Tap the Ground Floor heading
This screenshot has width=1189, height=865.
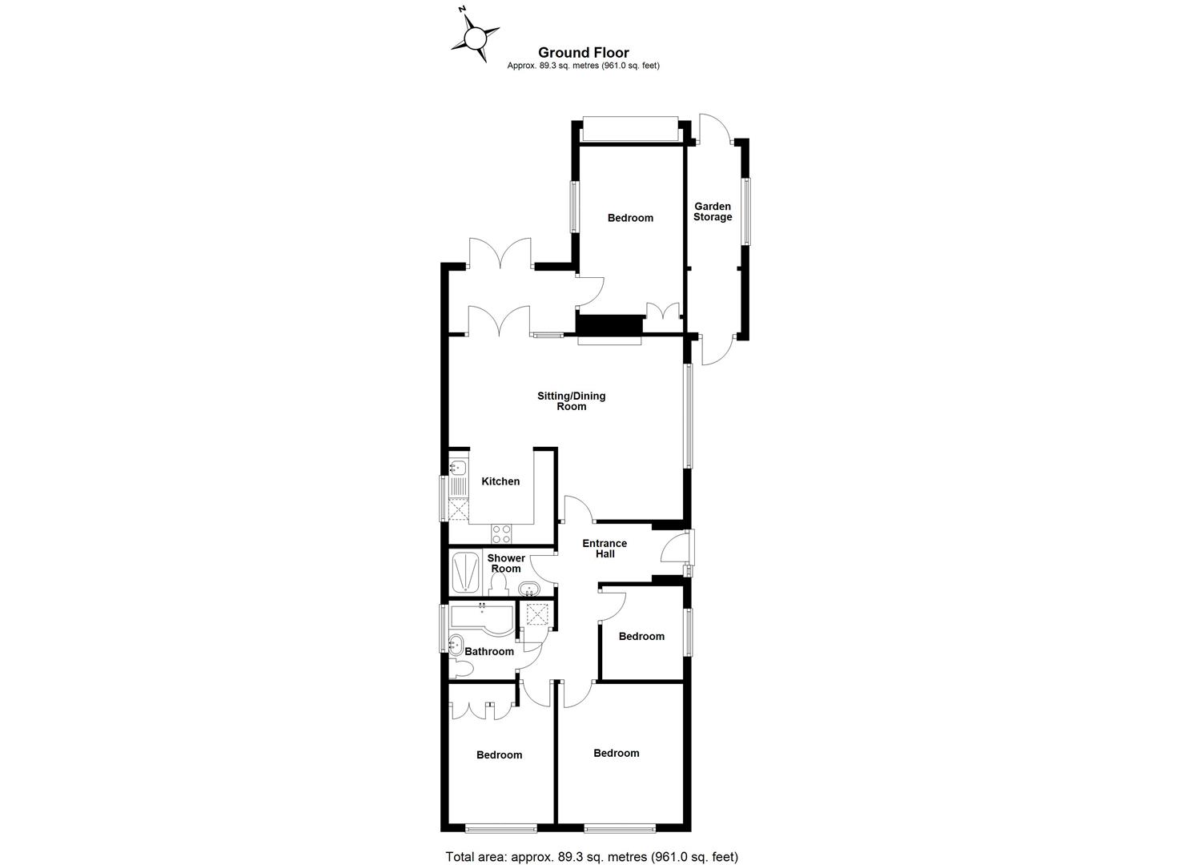[583, 53]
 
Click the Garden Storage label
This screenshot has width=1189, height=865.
[713, 211]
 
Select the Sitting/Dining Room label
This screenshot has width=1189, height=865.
[572, 401]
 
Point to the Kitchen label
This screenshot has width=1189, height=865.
[500, 481]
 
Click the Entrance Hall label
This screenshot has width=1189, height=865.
[605, 549]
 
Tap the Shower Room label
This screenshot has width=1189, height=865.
[506, 563]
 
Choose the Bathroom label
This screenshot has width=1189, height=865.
[489, 651]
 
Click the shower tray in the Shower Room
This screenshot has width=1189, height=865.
[463, 572]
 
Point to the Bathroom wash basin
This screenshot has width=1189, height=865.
[456, 643]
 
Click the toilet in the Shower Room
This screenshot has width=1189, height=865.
[497, 587]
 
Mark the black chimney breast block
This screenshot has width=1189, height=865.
[610, 324]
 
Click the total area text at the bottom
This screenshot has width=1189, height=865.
[591, 856]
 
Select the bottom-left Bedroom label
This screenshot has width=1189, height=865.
[499, 754]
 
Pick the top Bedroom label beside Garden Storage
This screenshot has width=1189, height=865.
[630, 218]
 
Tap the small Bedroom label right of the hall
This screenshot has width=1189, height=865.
[641, 636]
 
